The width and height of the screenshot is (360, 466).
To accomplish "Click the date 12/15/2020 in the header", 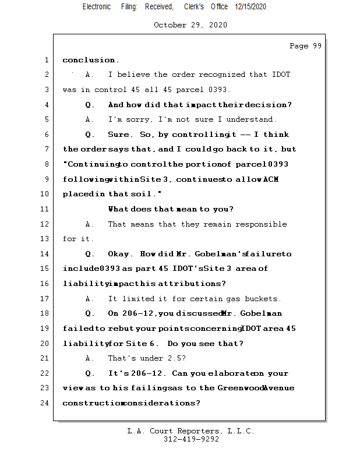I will pos(251,6).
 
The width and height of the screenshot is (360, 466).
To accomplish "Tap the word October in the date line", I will pos(170,25).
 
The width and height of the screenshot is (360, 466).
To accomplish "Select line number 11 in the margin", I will pos(46,209).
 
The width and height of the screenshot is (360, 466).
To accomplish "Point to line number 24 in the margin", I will pos(46,403).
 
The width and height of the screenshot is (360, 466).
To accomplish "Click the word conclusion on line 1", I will pos(89,60).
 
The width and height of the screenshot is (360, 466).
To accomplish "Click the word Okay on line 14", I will pos(119,254).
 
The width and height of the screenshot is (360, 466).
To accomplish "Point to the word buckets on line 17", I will pos(263,299).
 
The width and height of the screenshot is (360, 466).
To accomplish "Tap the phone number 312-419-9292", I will pos(191,440).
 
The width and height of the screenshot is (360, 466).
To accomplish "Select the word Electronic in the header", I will pos(97,6).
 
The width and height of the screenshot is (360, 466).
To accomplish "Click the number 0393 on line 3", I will pos(218,90).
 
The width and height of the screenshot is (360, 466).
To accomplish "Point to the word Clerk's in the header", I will pos(193,6).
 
